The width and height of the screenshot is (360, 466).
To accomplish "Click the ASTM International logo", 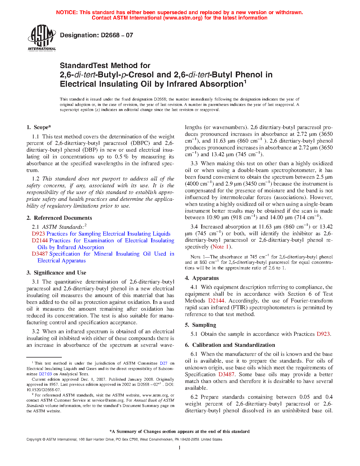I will [42, 38].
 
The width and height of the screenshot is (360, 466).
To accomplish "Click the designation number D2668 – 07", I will [97, 35].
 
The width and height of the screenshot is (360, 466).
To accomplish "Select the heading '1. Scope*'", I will [39, 127].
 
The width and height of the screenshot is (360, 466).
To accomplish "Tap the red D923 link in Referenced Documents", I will [38, 234].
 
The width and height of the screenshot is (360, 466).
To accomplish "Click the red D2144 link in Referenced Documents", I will [40, 241].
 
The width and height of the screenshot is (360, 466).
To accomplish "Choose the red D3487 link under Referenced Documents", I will [40, 254].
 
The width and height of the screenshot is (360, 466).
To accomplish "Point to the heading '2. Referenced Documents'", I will [59, 218].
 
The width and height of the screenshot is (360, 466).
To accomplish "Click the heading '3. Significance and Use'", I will [56, 273].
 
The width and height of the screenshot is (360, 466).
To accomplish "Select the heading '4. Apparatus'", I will [202, 278].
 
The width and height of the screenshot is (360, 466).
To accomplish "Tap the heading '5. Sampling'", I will [200, 325].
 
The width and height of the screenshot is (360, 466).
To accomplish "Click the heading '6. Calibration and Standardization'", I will [230, 345].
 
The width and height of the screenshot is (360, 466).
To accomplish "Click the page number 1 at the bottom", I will [180, 447].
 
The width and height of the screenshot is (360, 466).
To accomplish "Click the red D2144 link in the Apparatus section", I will [216, 301].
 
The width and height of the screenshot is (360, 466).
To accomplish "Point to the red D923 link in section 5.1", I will [323, 334].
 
